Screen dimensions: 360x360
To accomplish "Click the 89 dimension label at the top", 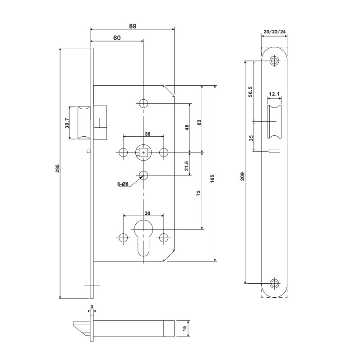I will (133, 26).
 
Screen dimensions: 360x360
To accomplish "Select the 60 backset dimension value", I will (116, 38).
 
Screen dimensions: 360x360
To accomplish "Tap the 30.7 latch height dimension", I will (67, 123).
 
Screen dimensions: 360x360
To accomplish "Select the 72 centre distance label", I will (199, 194).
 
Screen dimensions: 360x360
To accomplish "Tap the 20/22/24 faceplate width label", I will (274, 32).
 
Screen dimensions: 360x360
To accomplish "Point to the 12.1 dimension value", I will (274, 94).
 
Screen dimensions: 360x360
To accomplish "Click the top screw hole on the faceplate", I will (274, 61).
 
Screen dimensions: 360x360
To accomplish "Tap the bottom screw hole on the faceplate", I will (274, 283).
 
